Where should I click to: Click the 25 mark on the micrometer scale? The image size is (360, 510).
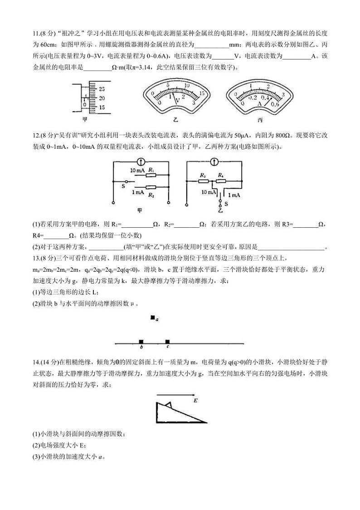[x=102, y=89]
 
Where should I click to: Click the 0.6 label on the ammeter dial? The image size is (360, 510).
[x=275, y=104]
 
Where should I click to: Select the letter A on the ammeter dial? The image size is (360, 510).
[x=260, y=103]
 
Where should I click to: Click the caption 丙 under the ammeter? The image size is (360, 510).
[x=260, y=120]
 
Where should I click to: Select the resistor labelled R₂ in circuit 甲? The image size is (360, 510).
[x=151, y=187]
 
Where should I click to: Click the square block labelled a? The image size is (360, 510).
[x=153, y=318]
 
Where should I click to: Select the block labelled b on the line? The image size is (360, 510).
[x=141, y=341]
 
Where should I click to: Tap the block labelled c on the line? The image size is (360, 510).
[x=167, y=341]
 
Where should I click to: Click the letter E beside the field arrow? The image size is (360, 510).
[x=195, y=401]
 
